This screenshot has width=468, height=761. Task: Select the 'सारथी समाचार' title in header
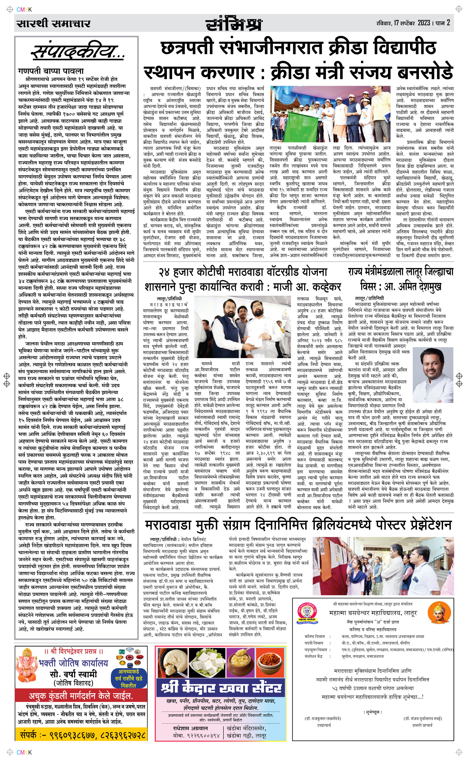pos(54,23)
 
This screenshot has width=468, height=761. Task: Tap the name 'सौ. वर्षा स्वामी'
pos(73,674)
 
